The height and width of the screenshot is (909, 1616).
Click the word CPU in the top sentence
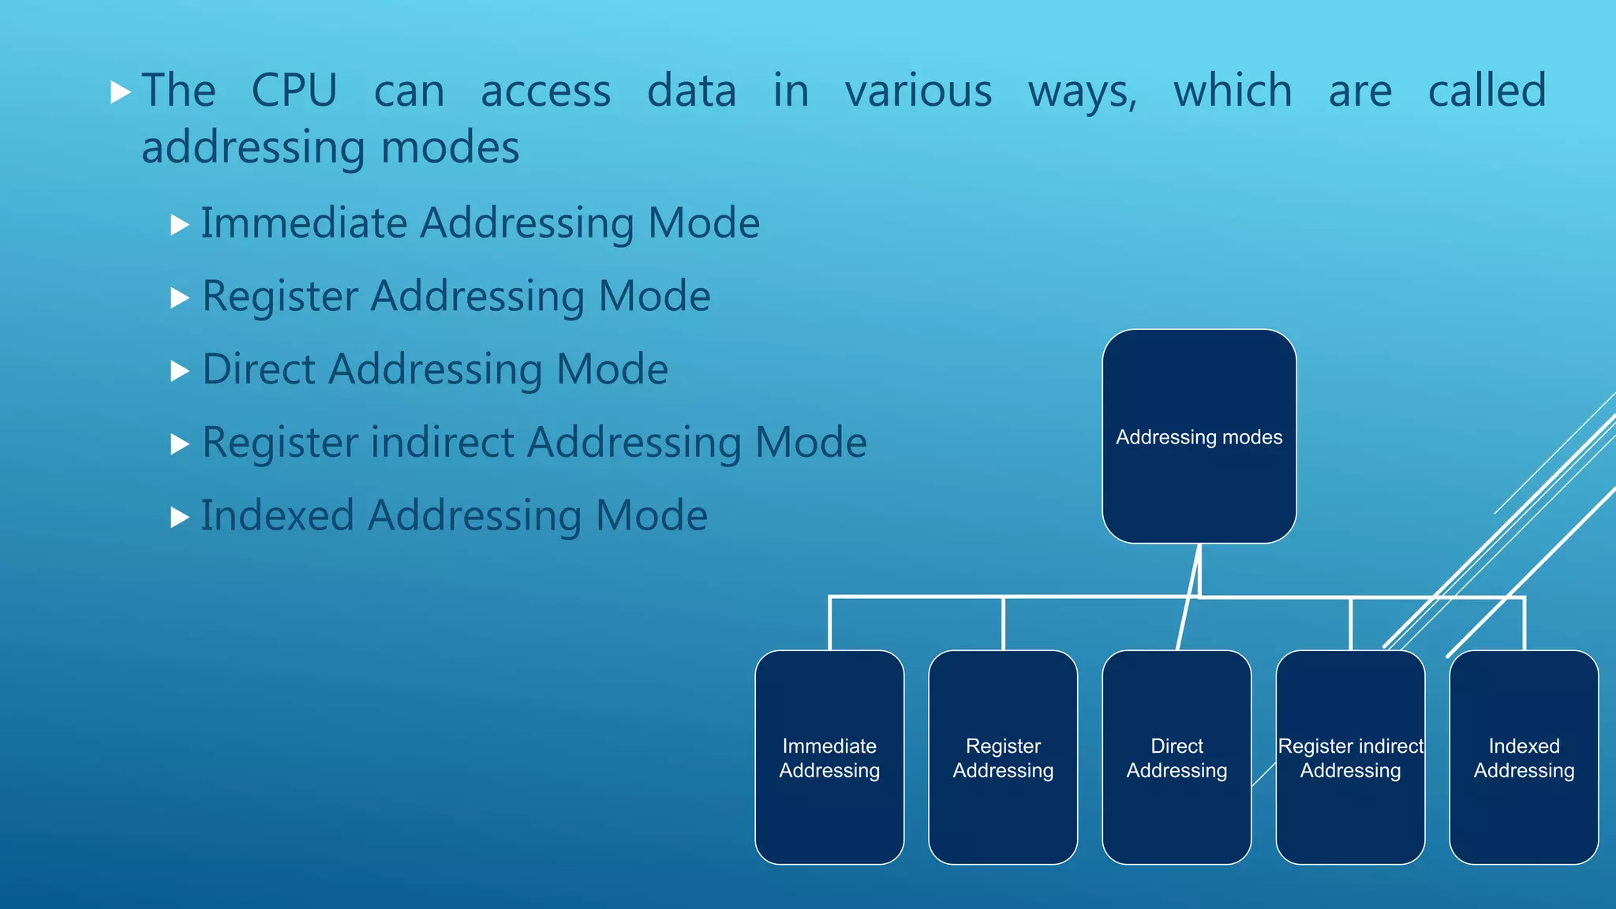[294, 91]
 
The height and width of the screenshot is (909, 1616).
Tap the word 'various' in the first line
[918, 91]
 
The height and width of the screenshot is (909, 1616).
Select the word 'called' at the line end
[1487, 91]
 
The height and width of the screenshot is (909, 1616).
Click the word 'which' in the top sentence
[1233, 91]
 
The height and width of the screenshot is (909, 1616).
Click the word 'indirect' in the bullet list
[442, 442]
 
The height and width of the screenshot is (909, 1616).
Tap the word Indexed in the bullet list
[277, 515]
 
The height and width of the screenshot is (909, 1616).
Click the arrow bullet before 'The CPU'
[120, 92]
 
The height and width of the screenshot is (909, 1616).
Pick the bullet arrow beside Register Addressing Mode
[180, 297]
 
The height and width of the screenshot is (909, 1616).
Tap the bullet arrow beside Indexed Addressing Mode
[180, 518]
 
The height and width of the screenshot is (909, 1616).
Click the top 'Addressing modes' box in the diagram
[1199, 436]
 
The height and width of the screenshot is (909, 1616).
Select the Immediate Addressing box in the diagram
[829, 757]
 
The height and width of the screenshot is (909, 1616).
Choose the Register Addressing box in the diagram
[1003, 757]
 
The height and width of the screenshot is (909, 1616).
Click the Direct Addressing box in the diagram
[1176, 757]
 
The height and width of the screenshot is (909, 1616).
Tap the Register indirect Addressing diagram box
[1350, 757]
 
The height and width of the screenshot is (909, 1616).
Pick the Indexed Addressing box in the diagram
[1524, 757]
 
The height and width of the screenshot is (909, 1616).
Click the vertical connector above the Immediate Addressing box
[829, 624]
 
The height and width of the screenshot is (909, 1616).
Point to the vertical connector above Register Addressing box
[1003, 624]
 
